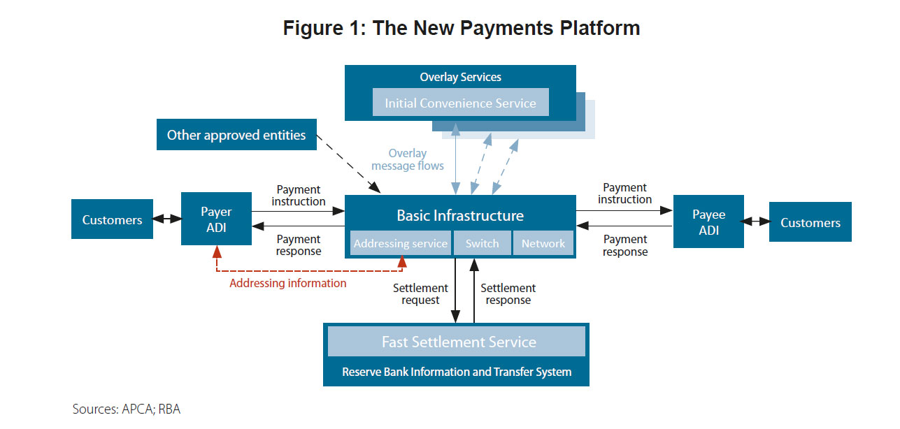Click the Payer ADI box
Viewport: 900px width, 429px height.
pyautogui.click(x=217, y=219)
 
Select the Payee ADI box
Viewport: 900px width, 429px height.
pyautogui.click(x=708, y=221)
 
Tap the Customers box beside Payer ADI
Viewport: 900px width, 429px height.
pyautogui.click(x=112, y=219)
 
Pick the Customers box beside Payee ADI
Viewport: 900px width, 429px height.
pyautogui.click(x=810, y=222)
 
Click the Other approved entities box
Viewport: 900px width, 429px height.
pyautogui.click(x=236, y=135)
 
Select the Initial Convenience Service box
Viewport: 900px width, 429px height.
pyautogui.click(x=460, y=103)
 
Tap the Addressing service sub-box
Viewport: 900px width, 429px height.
pyautogui.click(x=400, y=243)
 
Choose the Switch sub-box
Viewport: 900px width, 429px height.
pyautogui.click(x=483, y=243)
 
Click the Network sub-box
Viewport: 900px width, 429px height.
pyautogui.click(x=543, y=243)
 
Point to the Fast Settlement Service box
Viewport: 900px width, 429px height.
pyautogui.click(x=459, y=342)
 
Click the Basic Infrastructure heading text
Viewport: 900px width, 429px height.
pyautogui.click(x=460, y=215)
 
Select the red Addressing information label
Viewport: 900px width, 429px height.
pyautogui.click(x=288, y=283)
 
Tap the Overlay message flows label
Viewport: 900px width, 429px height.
pyautogui.click(x=408, y=159)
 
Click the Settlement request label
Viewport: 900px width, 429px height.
pyautogui.click(x=420, y=293)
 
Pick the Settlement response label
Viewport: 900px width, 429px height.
pyautogui.click(x=508, y=293)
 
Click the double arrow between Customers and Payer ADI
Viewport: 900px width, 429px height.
pyautogui.click(x=167, y=219)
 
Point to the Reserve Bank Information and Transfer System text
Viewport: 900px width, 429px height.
pyautogui.click(x=457, y=372)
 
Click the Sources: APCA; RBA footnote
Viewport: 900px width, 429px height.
pyautogui.click(x=127, y=409)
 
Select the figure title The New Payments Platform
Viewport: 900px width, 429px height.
pyautogui.click(x=462, y=28)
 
